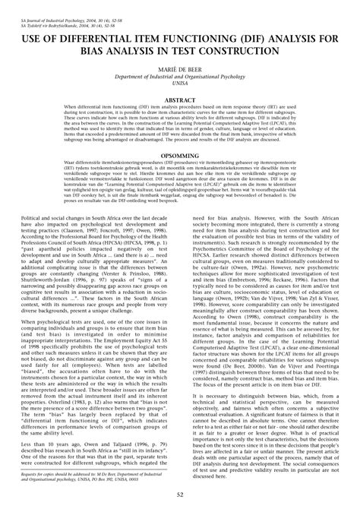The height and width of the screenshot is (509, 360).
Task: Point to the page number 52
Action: (x=180, y=495)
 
